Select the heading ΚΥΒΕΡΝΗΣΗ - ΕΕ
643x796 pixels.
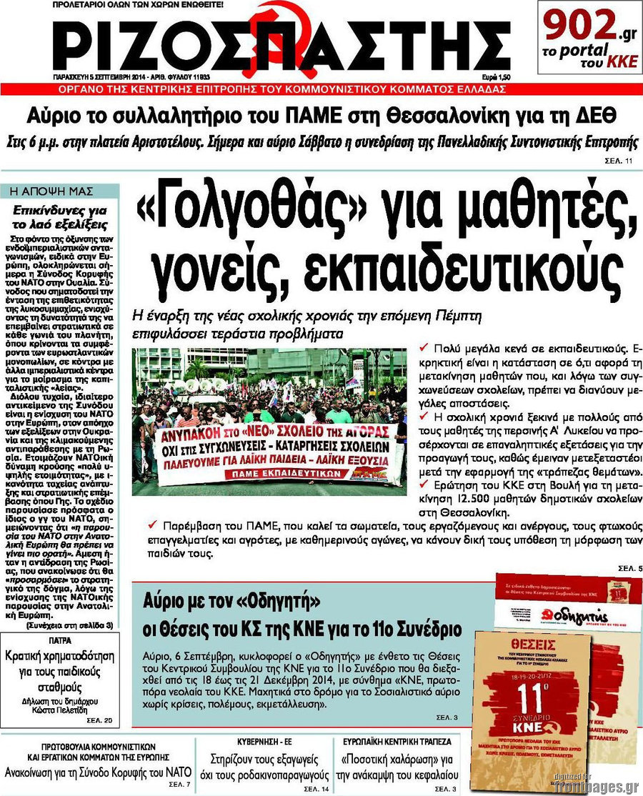click(264, 741)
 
